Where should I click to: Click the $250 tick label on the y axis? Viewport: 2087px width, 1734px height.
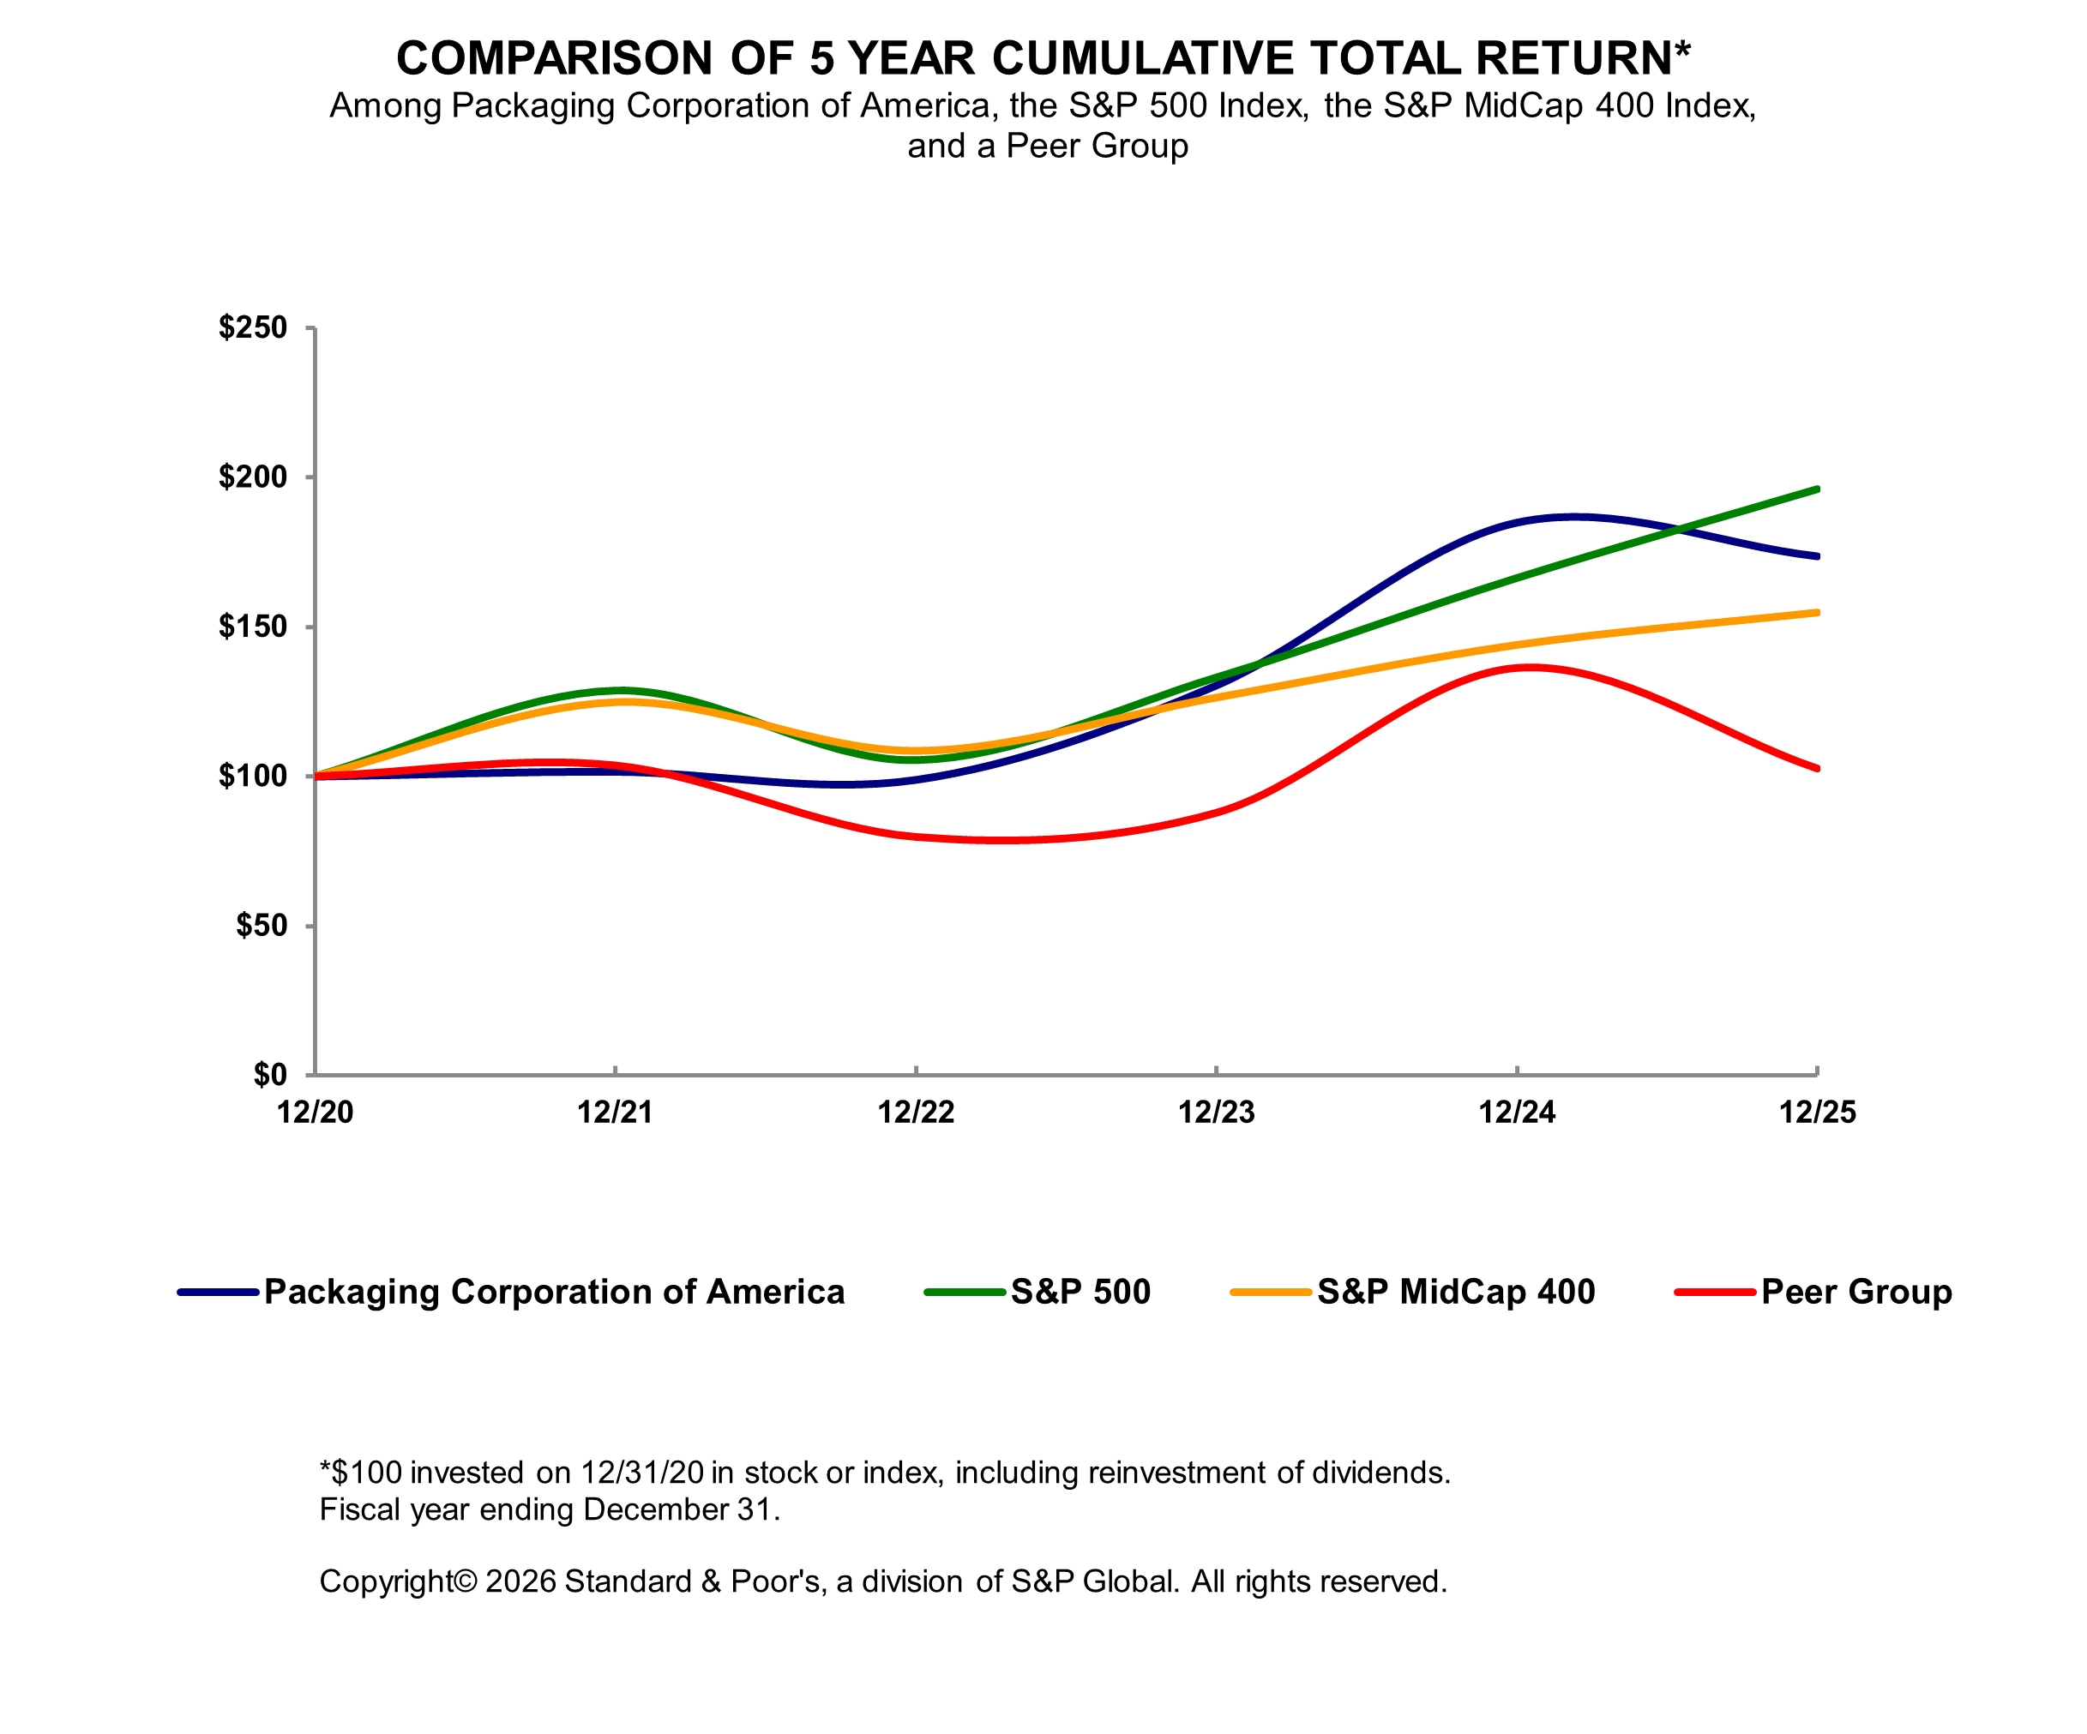252,328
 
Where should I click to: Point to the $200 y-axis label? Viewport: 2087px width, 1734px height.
252,477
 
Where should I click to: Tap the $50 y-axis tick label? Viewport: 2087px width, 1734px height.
261,926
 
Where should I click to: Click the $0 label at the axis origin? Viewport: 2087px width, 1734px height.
269,1075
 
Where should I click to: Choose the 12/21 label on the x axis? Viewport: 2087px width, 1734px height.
615,1113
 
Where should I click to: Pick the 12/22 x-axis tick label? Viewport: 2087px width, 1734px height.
915,1113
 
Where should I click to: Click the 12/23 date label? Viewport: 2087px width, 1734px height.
1217,1113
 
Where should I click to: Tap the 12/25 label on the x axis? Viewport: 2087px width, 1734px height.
1817,1113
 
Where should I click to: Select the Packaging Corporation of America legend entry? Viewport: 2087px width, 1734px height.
554,1293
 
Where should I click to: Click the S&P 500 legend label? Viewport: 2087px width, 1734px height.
1080,1293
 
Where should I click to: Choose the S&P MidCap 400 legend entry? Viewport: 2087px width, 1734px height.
1456,1293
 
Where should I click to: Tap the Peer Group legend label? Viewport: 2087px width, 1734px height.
1856,1293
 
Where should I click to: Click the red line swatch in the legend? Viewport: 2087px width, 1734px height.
1714,1293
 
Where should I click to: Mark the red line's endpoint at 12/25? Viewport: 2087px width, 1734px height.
1817,768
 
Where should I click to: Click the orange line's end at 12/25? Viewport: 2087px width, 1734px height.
1817,613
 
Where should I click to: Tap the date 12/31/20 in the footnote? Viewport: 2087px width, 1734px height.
643,1473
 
